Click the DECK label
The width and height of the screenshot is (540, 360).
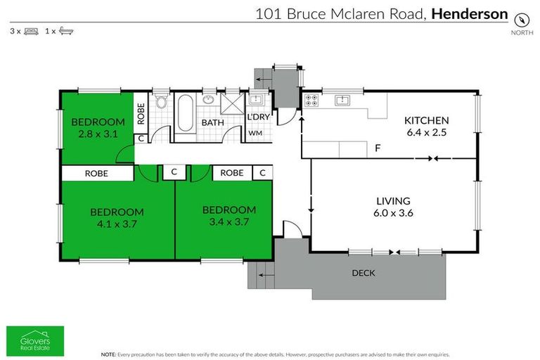[364, 273]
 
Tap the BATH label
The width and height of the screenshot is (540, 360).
[212, 122]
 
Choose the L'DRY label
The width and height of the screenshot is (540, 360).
[257, 117]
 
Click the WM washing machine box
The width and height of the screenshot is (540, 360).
[255, 132]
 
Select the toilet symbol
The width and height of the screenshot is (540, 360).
[161, 103]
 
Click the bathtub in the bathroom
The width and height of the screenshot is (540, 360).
[185, 115]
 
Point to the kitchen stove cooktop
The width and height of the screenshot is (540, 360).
[311, 101]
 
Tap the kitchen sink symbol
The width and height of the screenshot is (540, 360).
[342, 99]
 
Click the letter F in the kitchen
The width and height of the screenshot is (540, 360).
[378, 148]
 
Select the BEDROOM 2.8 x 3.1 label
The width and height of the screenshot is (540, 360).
[98, 127]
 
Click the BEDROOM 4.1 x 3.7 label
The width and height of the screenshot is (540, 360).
[117, 217]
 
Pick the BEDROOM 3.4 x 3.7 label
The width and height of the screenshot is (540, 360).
[229, 215]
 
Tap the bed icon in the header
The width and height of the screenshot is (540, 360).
[31, 32]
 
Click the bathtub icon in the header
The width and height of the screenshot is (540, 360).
[66, 32]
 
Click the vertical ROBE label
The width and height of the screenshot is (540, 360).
[141, 113]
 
